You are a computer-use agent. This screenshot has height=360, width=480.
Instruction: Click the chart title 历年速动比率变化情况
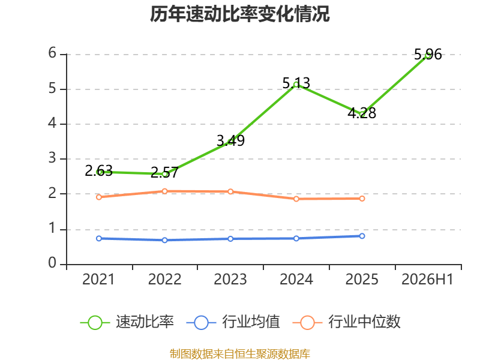click(239, 14)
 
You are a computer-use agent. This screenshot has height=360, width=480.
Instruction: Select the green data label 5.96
click(428, 55)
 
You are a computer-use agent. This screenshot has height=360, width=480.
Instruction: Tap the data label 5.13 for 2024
click(296, 83)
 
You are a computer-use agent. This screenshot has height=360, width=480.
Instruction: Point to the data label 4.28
click(362, 113)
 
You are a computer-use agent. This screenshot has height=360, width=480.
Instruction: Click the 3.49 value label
click(230, 140)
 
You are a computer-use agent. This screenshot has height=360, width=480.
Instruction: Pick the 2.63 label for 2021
click(98, 170)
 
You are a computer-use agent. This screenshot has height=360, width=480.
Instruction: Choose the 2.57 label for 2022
click(164, 173)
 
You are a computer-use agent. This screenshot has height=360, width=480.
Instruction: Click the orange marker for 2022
click(164, 191)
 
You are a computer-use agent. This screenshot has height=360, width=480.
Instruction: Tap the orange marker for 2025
click(362, 199)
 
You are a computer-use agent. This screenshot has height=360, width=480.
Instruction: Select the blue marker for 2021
click(99, 238)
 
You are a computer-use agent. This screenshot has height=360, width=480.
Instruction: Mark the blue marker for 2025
click(362, 236)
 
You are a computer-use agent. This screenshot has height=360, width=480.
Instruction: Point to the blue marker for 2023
click(230, 239)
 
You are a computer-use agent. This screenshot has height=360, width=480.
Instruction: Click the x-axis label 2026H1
click(427, 280)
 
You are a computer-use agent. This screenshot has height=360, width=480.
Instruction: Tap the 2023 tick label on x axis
click(230, 280)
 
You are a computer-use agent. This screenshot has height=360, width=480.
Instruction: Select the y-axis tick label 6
click(52, 53)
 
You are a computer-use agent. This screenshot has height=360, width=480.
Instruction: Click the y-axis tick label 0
click(52, 263)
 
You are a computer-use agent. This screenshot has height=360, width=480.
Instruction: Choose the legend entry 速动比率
click(127, 322)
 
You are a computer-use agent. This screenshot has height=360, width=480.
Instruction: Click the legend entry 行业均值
click(233, 322)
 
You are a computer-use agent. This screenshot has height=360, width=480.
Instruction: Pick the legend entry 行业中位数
click(347, 322)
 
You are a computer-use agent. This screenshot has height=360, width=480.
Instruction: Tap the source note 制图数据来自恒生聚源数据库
click(240, 354)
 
